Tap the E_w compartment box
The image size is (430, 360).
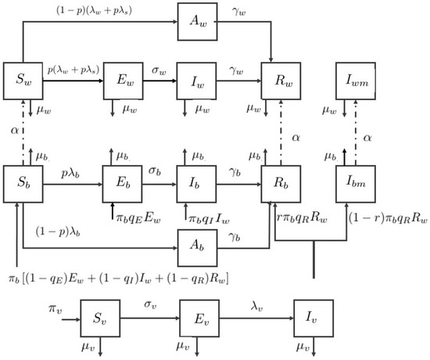tap(124, 80)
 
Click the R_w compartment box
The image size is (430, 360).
tap(280, 80)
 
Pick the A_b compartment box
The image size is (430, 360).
tap(195, 249)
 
